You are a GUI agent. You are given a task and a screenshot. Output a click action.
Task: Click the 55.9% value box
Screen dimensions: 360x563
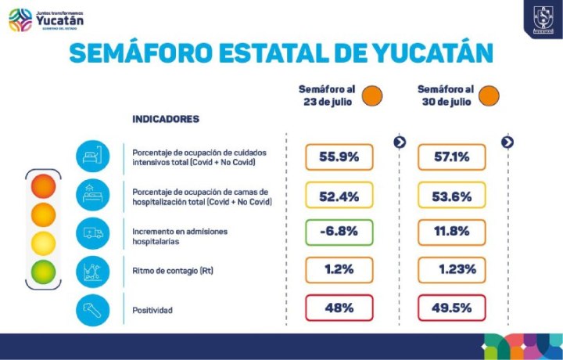pyautogui.click(x=339, y=157)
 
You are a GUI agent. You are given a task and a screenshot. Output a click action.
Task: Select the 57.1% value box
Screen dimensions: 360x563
pyautogui.click(x=451, y=157)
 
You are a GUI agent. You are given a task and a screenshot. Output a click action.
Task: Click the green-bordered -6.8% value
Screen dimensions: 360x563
pyautogui.click(x=339, y=232)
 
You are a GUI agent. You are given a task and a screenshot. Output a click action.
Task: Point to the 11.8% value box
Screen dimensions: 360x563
pyautogui.click(x=451, y=232)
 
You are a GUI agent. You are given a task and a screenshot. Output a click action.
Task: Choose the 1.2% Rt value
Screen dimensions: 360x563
pyautogui.click(x=339, y=269)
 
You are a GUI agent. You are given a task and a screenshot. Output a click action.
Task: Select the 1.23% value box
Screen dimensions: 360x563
pyautogui.click(x=451, y=269)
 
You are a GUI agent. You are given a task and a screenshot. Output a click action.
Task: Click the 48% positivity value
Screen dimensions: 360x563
pyautogui.click(x=339, y=308)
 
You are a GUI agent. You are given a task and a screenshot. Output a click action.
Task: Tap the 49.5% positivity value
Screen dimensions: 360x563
pyautogui.click(x=451, y=308)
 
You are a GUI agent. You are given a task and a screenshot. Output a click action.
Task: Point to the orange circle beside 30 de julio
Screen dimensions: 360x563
pyautogui.click(x=489, y=96)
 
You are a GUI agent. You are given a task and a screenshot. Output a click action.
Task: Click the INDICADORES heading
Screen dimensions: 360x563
pyautogui.click(x=165, y=119)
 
